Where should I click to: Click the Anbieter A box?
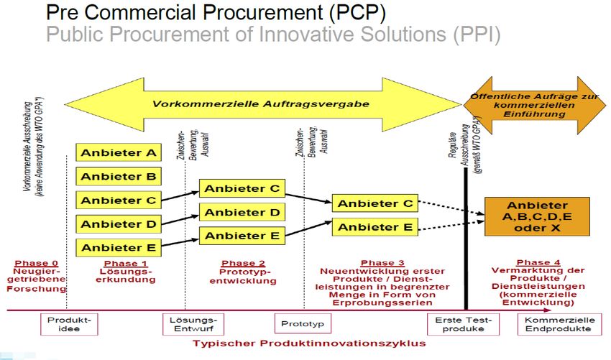pyautogui.click(x=119, y=153)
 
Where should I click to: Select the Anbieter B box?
pyautogui.click(x=119, y=177)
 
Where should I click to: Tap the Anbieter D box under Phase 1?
pyautogui.click(x=119, y=224)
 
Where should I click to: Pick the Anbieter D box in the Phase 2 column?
pyautogui.click(x=242, y=213)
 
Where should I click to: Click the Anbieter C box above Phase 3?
pyautogui.click(x=375, y=204)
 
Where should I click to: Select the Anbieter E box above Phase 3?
pyautogui.click(x=375, y=227)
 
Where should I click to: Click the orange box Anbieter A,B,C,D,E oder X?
pyautogui.click(x=537, y=217)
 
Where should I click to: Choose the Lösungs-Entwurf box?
pyautogui.click(x=193, y=324)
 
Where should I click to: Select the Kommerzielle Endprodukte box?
pyautogui.click(x=558, y=324)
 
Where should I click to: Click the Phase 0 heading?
pyautogui.click(x=36, y=264)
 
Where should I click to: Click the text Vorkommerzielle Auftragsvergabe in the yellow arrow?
pyautogui.click(x=260, y=104)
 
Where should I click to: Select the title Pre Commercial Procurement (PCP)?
pyautogui.click(x=215, y=13)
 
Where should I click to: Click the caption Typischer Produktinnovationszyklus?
pyautogui.click(x=309, y=343)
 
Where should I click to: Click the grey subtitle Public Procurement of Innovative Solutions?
pyautogui.click(x=273, y=34)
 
